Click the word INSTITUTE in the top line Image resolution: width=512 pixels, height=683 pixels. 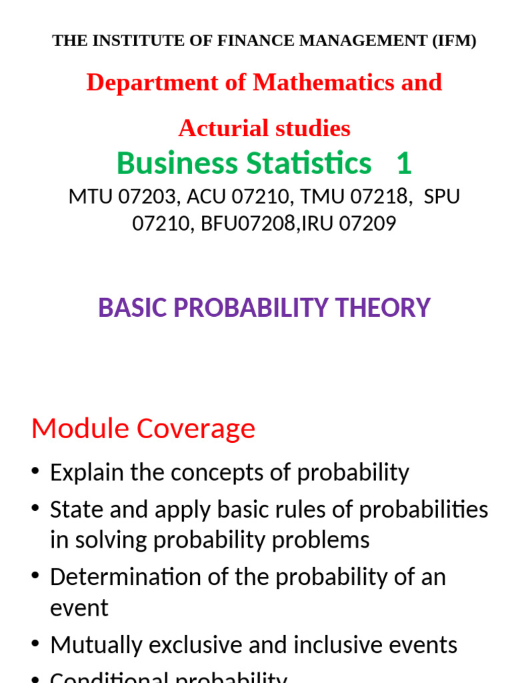click(120, 41)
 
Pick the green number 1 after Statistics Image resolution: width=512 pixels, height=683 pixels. click(404, 163)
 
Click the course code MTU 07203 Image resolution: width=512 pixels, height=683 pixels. click(121, 197)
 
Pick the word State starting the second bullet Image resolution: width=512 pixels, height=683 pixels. click(74, 510)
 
